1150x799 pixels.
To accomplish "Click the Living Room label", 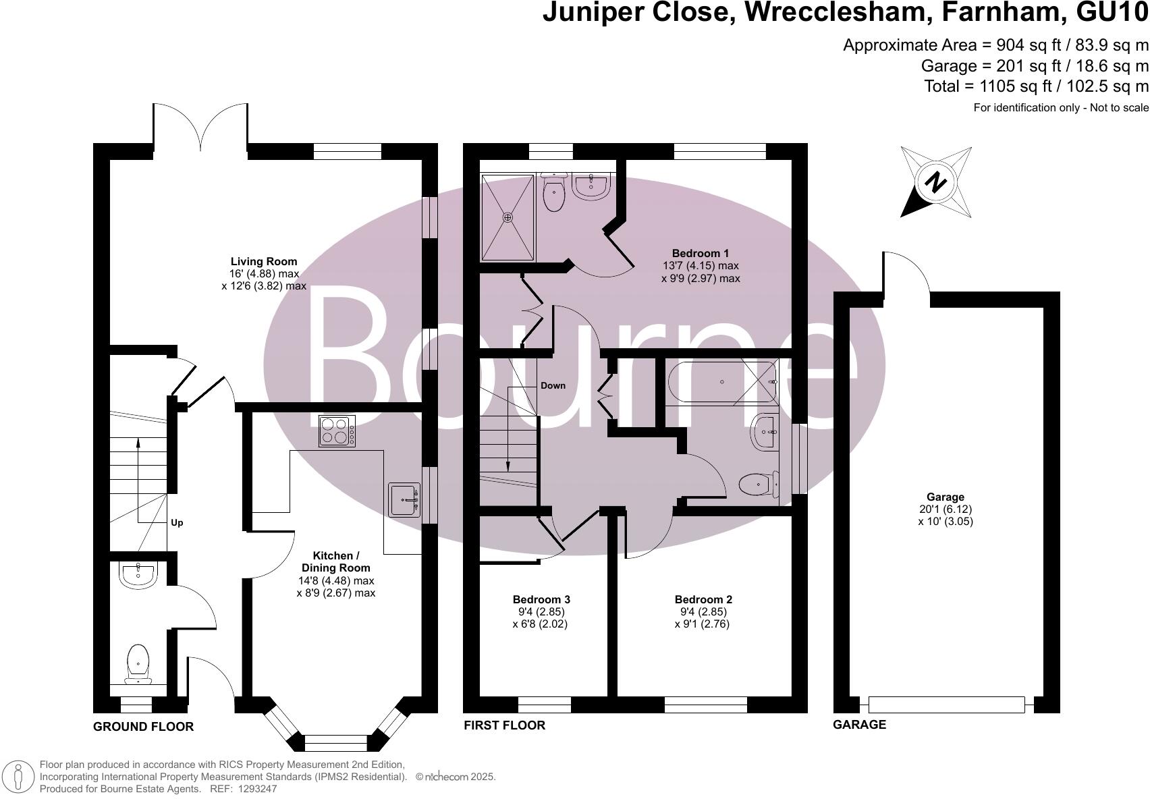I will coord(263,262).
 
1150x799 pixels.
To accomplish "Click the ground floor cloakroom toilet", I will coord(138,660).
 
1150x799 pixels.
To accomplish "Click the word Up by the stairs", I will coord(177,522).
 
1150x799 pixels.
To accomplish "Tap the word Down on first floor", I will coord(553,385).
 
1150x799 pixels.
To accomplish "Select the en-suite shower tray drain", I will coord(508,217).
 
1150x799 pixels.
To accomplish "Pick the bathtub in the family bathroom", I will coord(721,382).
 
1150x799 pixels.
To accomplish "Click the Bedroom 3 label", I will coord(541,599).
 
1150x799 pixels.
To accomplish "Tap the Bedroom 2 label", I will coord(703,599).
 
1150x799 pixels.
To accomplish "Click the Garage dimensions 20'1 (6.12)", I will coord(945,509).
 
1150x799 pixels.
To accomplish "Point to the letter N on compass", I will coord(935,182).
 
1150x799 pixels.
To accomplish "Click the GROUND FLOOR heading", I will coord(143,727).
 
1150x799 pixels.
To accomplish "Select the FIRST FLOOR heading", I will coord(504,725).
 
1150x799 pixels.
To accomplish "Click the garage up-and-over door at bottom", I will coord(946,705).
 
